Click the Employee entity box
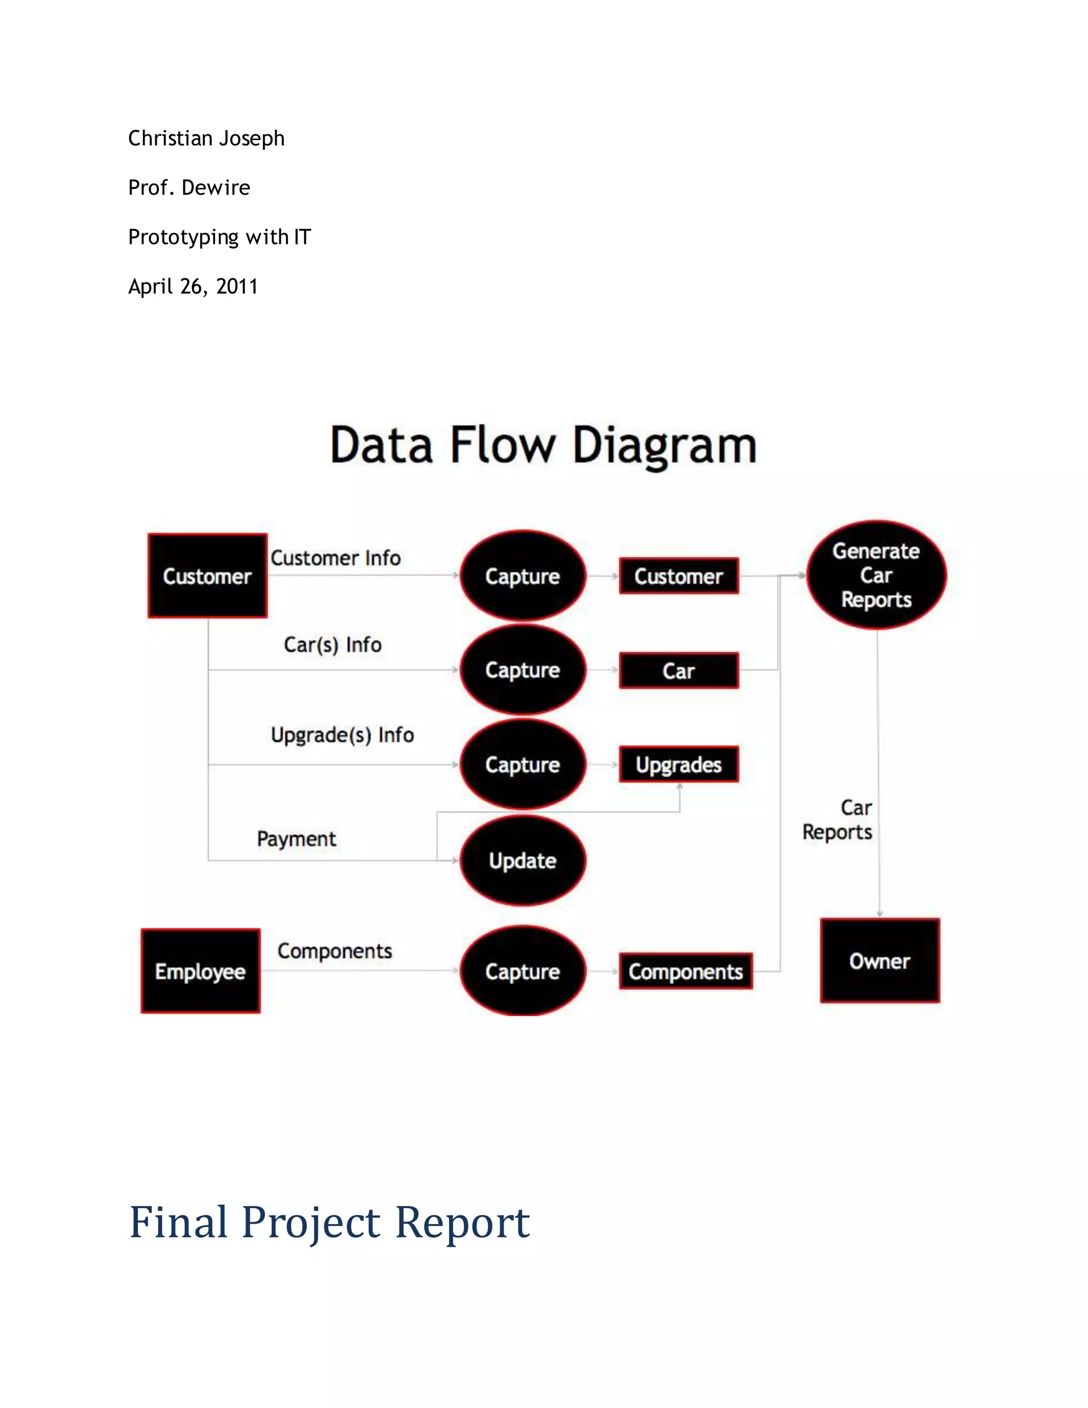click(200, 970)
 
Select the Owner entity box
click(879, 960)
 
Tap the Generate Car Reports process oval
click(876, 574)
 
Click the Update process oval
click(523, 860)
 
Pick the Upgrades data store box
click(679, 764)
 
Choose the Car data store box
click(679, 671)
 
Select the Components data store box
click(685, 971)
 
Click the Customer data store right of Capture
click(679, 576)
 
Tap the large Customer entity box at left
click(207, 576)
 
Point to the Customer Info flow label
click(335, 558)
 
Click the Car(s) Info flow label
click(333, 644)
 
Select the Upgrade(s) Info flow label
click(342, 734)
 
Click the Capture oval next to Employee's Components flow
click(523, 971)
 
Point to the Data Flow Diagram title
click(543, 445)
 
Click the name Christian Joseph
click(206, 138)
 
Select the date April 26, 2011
click(193, 286)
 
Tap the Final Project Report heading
click(329, 1222)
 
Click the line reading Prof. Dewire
click(189, 188)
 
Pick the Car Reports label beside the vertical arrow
click(838, 819)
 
